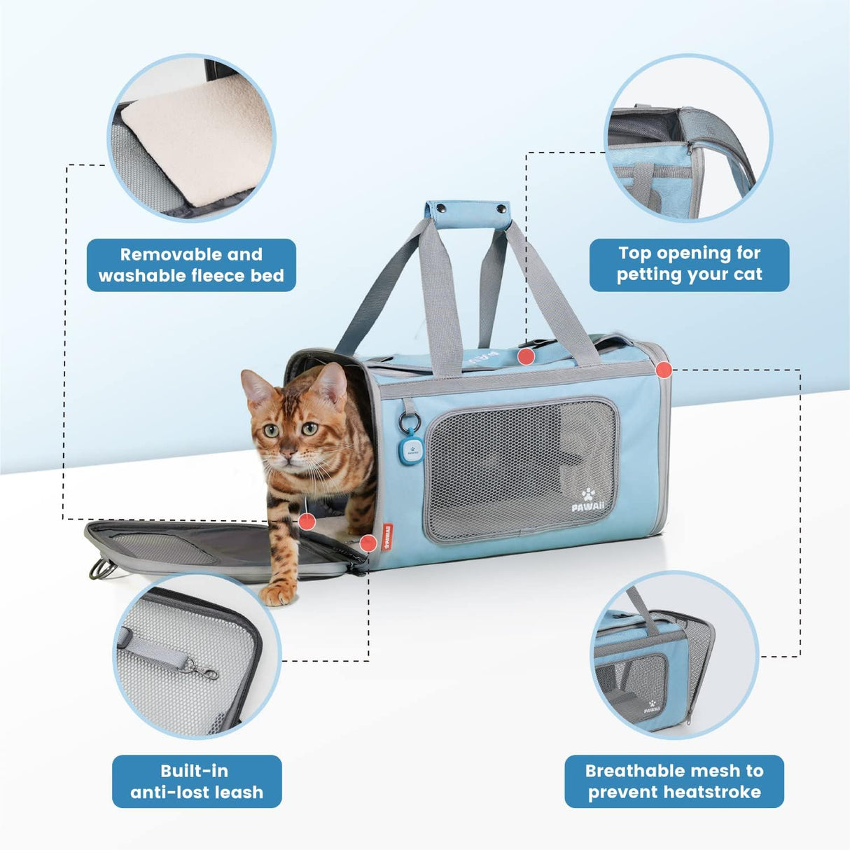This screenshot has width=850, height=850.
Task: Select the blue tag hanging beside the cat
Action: [409, 450]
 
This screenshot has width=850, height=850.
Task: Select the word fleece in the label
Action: [211, 276]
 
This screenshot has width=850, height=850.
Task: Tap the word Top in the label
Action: [635, 253]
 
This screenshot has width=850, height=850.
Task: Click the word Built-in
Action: [194, 771]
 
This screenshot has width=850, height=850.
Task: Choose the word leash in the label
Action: [239, 793]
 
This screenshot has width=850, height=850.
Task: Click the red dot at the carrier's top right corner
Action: [664, 369]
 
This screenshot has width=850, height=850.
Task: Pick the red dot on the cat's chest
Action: [307, 521]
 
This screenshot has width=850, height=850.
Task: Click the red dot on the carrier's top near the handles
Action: [527, 356]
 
